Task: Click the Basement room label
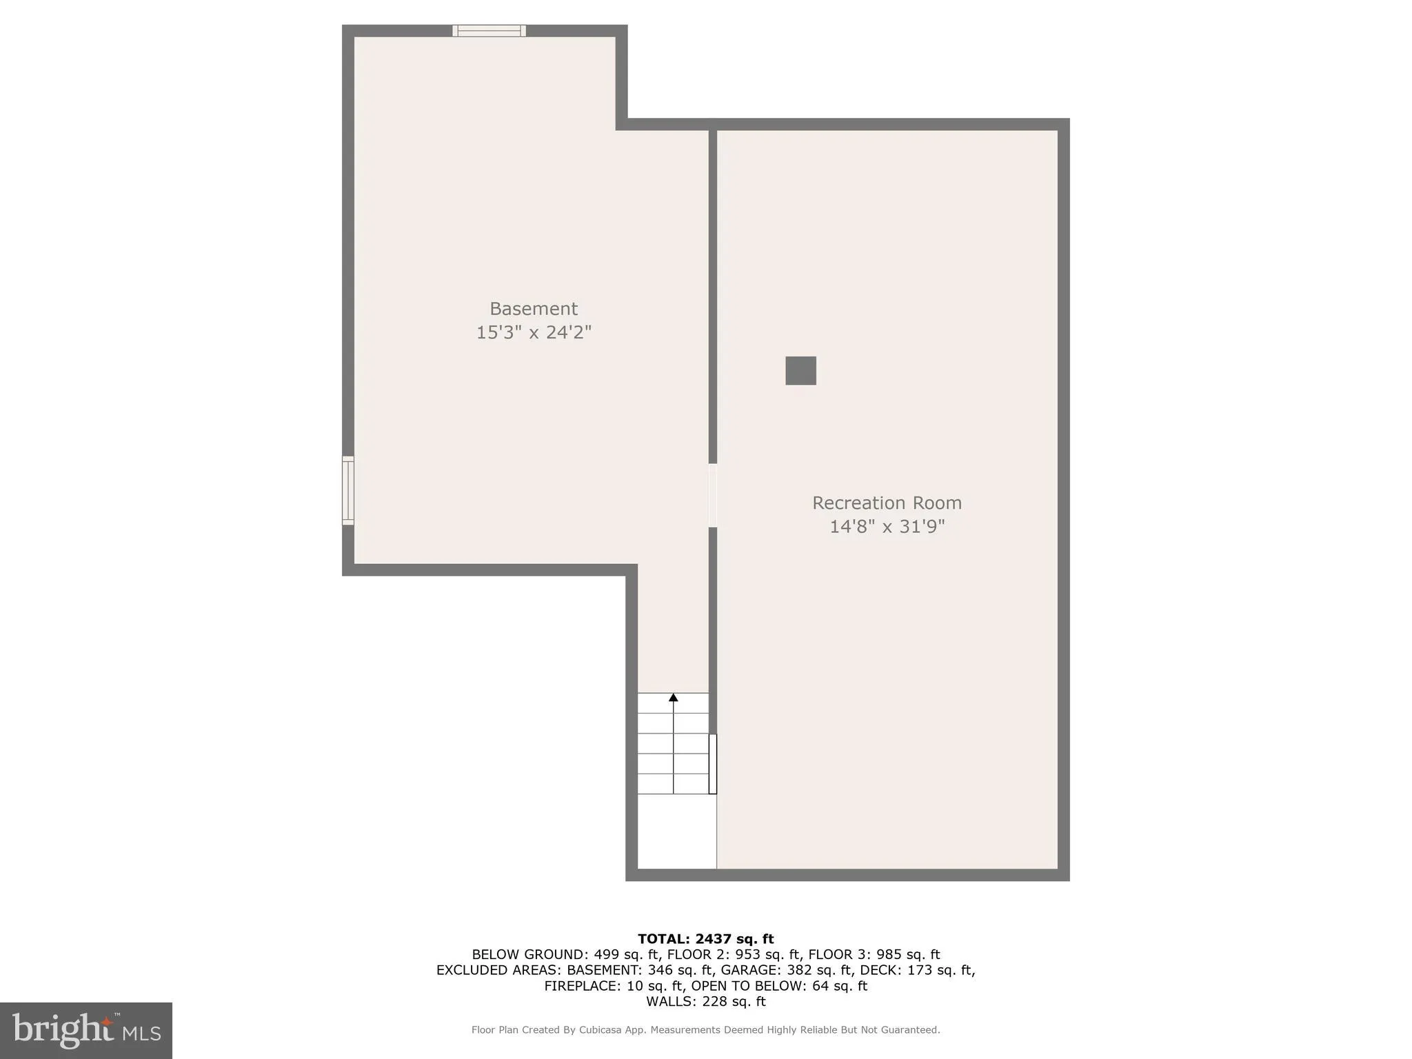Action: (x=533, y=308)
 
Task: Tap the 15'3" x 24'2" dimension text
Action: (x=533, y=332)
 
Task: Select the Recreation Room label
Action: (x=887, y=503)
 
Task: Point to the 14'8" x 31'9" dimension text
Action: (x=887, y=527)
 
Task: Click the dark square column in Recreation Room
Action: (x=800, y=370)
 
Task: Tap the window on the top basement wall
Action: (x=489, y=30)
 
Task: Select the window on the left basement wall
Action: (x=348, y=490)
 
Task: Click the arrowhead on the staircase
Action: (x=673, y=698)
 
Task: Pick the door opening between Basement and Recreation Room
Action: (x=713, y=495)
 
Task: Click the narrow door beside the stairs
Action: (x=713, y=764)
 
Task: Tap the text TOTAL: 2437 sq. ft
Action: (x=705, y=938)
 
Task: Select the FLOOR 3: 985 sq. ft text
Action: (x=874, y=954)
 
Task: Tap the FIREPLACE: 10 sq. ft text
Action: (x=613, y=986)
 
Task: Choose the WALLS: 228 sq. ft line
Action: (x=705, y=1002)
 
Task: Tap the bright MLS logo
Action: (x=86, y=1030)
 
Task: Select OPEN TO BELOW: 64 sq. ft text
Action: (x=779, y=986)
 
